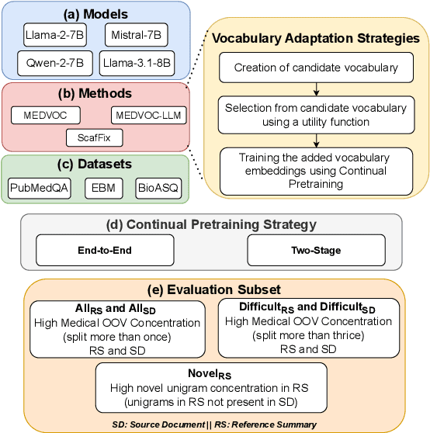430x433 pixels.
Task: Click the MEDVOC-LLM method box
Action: pos(150,116)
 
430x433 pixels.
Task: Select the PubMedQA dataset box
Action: pos(39,186)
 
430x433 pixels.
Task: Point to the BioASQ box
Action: pos(158,186)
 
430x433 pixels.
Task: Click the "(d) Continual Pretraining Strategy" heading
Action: pos(212,226)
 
